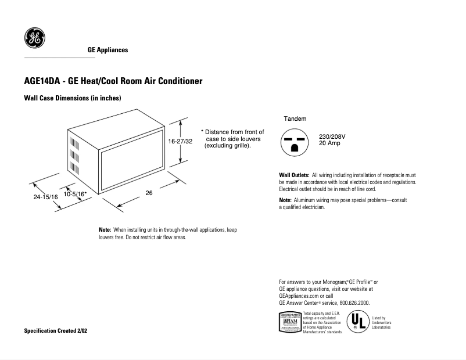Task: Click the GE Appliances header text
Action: tap(107, 50)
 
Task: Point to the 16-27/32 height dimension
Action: tap(180, 141)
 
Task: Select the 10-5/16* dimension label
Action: tap(75, 193)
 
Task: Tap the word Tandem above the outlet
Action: tap(295, 119)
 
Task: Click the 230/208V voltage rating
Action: tap(332, 136)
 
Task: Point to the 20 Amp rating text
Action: tap(329, 143)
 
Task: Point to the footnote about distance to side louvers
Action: tap(232, 139)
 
